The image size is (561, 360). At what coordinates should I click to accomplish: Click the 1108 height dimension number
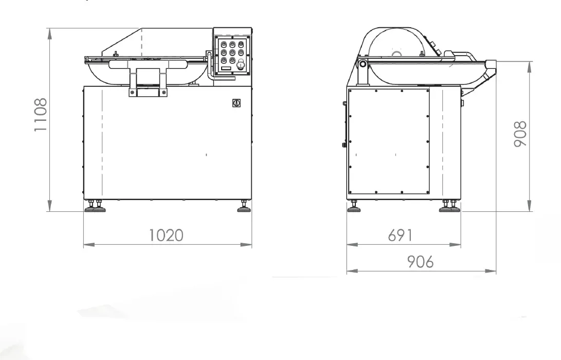(x=41, y=115)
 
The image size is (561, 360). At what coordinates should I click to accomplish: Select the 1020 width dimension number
(x=166, y=236)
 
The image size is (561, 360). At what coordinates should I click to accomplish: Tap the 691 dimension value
(x=400, y=236)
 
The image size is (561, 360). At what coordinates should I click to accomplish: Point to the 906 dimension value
(x=421, y=262)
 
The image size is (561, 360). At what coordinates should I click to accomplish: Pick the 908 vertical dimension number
(x=520, y=134)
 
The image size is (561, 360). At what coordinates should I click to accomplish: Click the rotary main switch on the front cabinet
(x=236, y=103)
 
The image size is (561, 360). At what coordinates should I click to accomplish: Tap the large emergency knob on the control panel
(x=241, y=64)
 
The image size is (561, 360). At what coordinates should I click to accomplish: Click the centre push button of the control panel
(x=232, y=52)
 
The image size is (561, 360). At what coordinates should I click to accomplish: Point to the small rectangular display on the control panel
(x=226, y=68)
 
